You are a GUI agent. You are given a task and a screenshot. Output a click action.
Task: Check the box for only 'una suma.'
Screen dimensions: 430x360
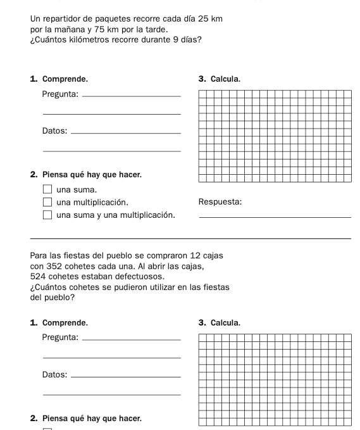pos(47,189)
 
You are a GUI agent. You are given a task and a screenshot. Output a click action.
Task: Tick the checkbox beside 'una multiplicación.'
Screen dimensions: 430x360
pos(47,203)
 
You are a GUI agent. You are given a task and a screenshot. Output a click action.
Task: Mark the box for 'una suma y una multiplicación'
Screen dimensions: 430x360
pos(47,215)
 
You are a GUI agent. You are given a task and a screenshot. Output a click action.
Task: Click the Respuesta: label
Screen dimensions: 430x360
pos(220,203)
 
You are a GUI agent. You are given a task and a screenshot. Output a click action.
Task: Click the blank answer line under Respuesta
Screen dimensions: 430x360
pos(275,218)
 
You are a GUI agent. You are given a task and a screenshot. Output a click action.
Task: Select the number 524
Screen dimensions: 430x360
pos(40,276)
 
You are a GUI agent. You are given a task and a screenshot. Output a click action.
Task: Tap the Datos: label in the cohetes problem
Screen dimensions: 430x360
pos(54,375)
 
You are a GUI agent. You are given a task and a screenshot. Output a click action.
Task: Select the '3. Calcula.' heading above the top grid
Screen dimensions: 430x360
pos(219,80)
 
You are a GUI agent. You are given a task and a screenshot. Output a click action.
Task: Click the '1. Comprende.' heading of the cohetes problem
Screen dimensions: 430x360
pos(59,323)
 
